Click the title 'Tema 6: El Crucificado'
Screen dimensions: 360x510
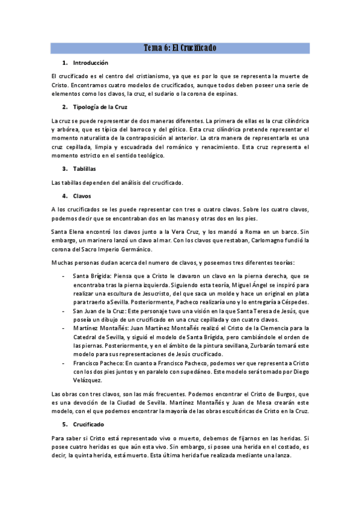click(x=180, y=48)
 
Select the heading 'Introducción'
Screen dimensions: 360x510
click(x=90, y=63)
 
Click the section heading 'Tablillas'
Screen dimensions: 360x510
click(x=84, y=168)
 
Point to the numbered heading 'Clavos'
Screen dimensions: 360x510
click(x=82, y=196)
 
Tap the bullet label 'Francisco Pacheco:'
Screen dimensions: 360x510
click(x=98, y=363)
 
